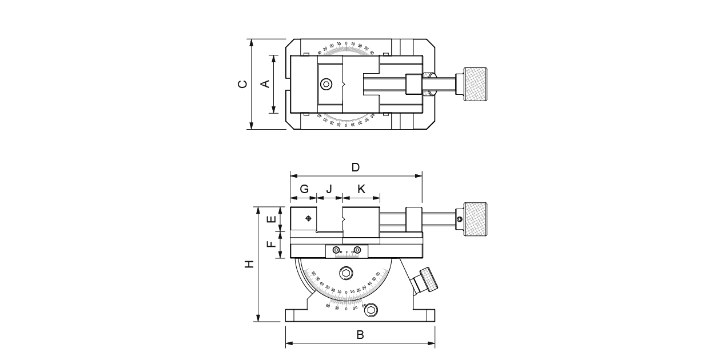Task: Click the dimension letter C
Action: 244,84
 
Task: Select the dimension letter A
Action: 265,84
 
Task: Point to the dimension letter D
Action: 355,167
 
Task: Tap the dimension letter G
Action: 304,189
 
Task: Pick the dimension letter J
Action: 329,189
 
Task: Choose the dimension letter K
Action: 361,189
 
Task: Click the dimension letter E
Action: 272,218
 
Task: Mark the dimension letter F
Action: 272,244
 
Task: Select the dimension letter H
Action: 249,264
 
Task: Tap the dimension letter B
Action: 360,335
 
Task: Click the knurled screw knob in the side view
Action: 475,219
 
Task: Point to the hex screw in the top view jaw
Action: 326,84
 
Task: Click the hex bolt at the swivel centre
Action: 346,274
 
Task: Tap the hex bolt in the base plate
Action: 372,310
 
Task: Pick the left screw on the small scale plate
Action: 336,250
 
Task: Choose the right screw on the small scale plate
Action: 357,250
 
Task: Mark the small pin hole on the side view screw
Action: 459,219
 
